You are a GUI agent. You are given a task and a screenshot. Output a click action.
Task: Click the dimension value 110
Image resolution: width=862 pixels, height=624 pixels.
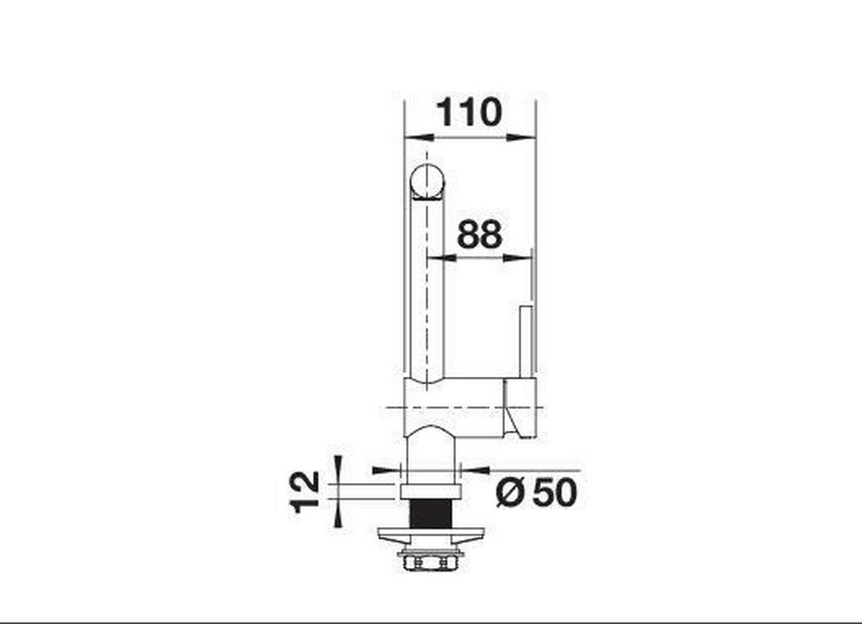pyautogui.click(x=469, y=113)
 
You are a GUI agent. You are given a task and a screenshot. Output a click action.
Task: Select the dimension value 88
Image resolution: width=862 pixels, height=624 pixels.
pyautogui.click(x=479, y=234)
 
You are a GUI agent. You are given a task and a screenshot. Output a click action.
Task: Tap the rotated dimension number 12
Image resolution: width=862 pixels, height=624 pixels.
pyautogui.click(x=305, y=493)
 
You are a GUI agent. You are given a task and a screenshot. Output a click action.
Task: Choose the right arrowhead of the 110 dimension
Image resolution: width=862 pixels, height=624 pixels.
pyautogui.click(x=522, y=136)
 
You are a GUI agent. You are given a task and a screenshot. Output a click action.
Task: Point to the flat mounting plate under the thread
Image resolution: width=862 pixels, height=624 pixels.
pyautogui.click(x=430, y=534)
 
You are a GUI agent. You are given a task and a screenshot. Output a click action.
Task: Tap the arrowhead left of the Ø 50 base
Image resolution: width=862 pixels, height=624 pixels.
pyautogui.click(x=386, y=470)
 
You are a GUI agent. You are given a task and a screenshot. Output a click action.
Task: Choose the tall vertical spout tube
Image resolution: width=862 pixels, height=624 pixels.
pyautogui.click(x=427, y=287)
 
